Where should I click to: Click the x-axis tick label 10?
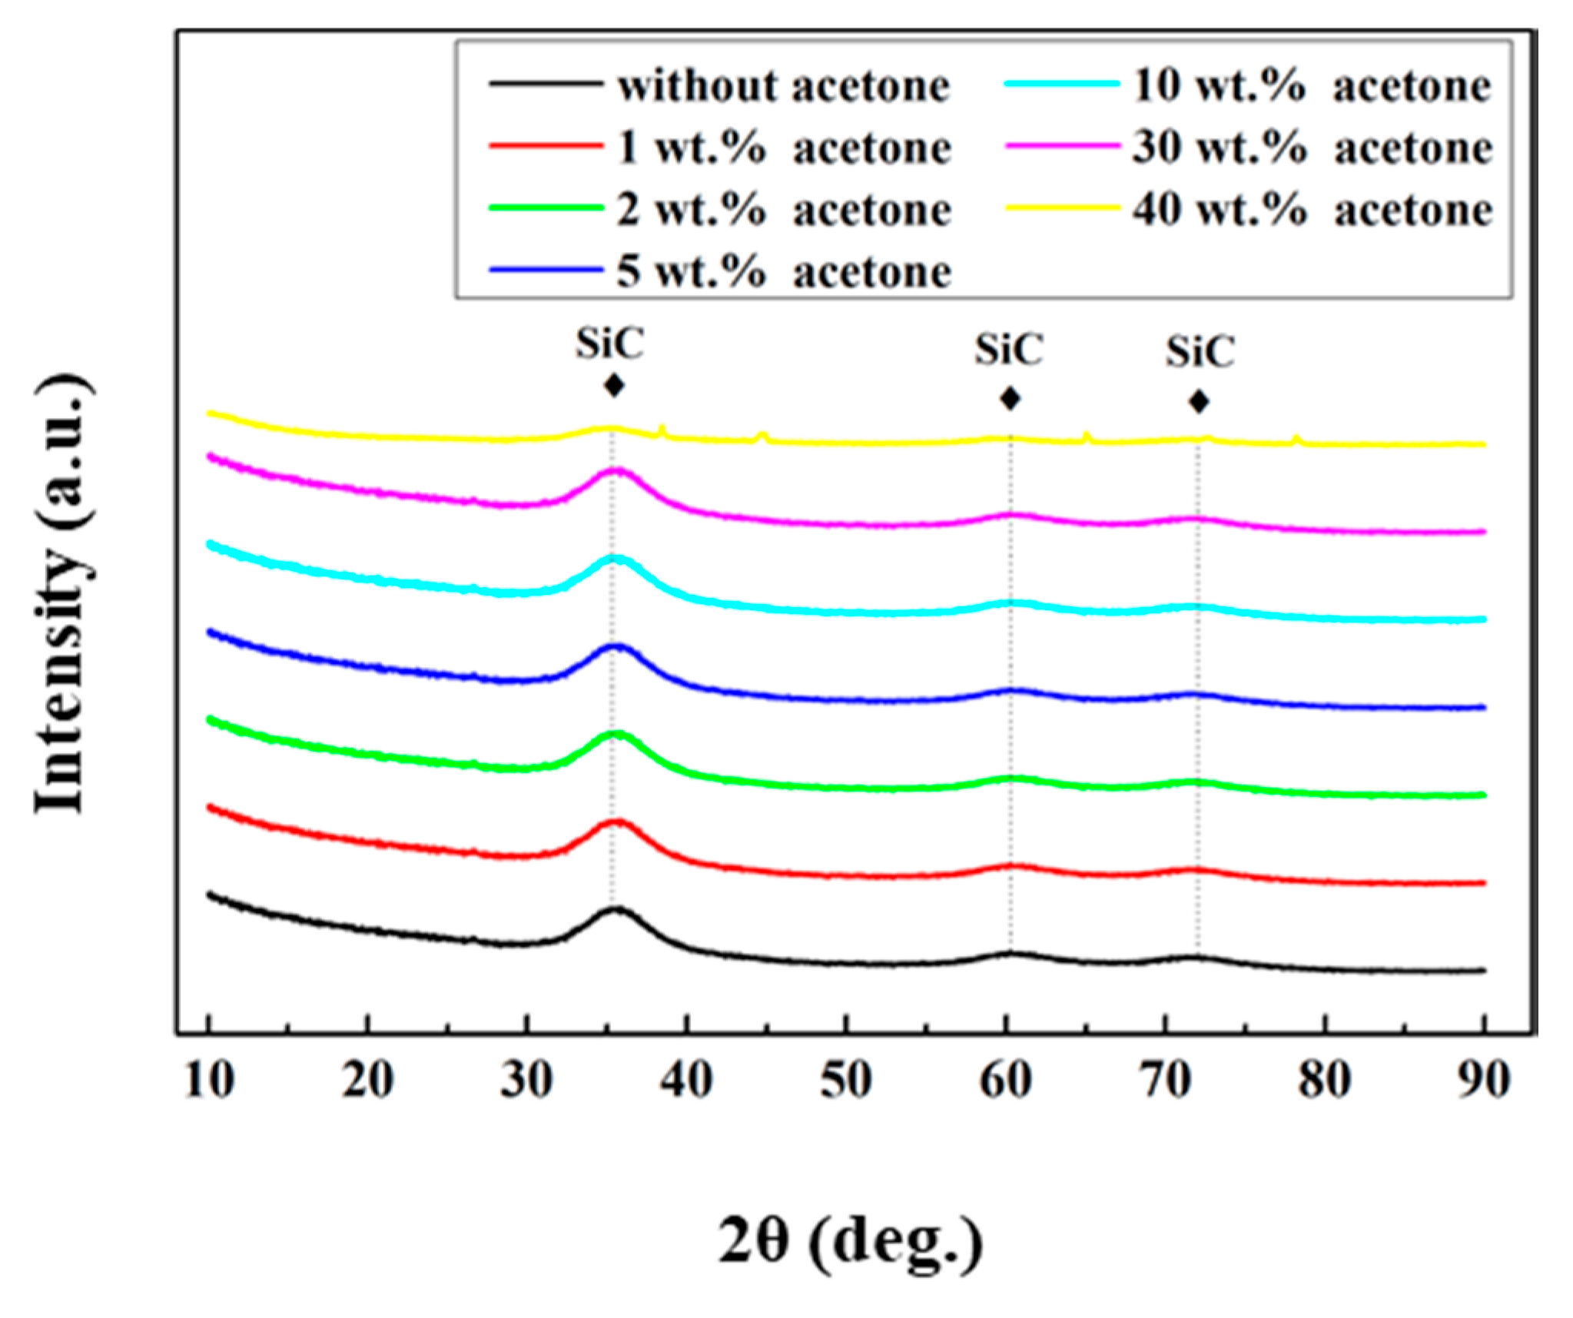coord(209,1080)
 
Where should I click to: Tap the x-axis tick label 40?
coord(686,1080)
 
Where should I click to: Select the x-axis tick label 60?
coord(1005,1080)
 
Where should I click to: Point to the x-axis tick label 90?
coord(1483,1080)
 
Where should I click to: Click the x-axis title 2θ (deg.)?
coord(851,1240)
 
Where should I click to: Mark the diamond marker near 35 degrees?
coord(613,385)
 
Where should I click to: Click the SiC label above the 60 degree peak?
coord(1009,350)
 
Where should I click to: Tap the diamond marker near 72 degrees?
coord(1199,401)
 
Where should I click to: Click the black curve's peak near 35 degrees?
coord(616,909)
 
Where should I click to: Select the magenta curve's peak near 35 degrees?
coord(616,470)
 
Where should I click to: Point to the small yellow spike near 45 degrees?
coord(762,436)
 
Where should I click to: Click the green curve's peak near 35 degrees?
coord(616,734)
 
